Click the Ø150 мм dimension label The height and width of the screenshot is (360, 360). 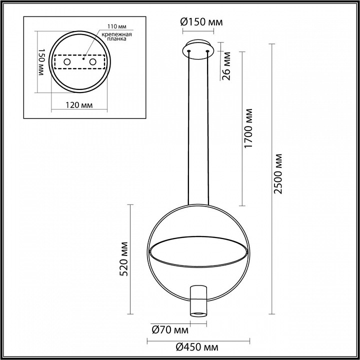tap(201, 22)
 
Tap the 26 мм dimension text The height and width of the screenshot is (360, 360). tap(226, 66)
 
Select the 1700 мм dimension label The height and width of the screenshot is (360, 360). tap(248, 128)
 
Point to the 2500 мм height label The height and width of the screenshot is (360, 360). tap(278, 174)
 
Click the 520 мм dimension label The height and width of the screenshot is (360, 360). tap(124, 259)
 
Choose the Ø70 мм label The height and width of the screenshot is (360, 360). tap(170, 330)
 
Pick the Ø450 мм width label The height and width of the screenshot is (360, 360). tap(197, 347)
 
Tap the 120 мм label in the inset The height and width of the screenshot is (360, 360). tap(79, 105)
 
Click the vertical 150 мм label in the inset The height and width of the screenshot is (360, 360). tap(40, 62)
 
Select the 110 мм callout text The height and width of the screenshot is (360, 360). tap(117, 26)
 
